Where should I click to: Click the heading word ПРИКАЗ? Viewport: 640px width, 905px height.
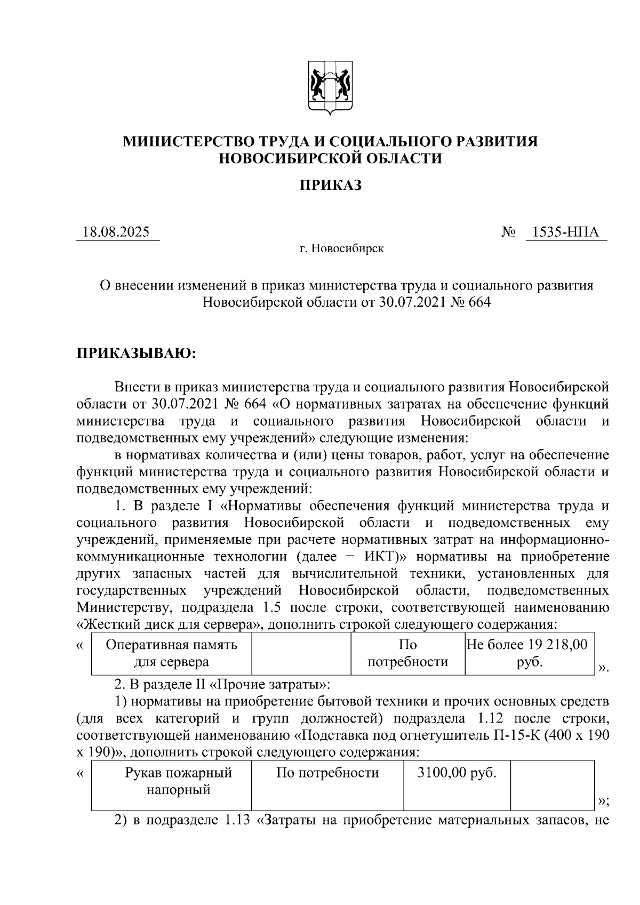[330, 185]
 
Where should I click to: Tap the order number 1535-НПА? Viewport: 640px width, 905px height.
[566, 233]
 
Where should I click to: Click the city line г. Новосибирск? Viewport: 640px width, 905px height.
[341, 249]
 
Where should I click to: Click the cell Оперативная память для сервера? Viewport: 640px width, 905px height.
[171, 653]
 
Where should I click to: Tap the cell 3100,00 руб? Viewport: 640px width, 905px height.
[457, 773]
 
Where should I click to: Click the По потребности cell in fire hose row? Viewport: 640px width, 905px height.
[327, 773]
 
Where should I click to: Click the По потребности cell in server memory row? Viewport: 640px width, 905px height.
[408, 653]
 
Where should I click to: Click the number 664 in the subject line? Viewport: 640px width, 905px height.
[478, 302]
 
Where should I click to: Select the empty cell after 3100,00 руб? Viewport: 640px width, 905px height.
[552, 785]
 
